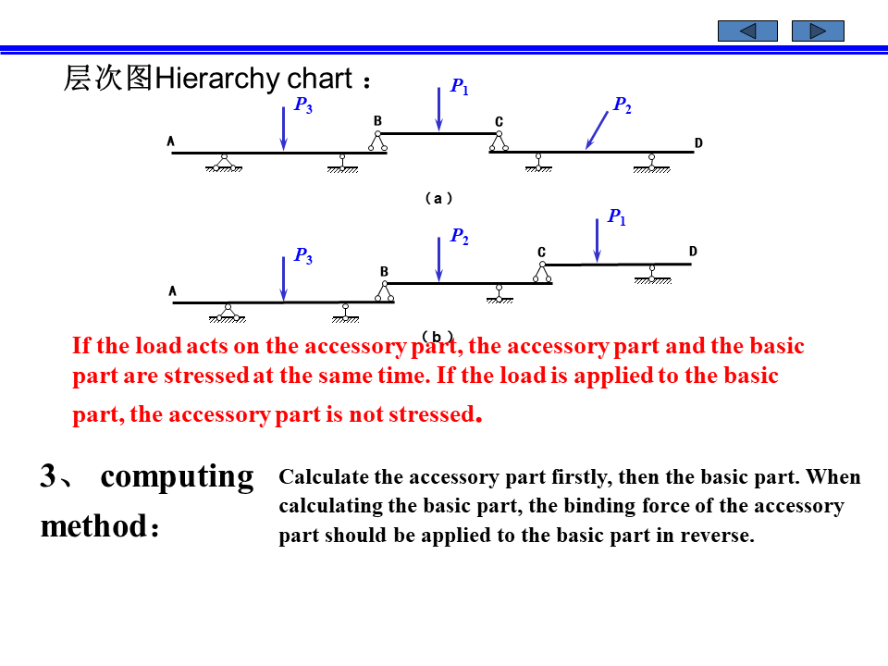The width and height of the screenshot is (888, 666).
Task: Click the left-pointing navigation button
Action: pyautogui.click(x=747, y=31)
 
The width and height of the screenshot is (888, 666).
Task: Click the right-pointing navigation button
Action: pyautogui.click(x=818, y=31)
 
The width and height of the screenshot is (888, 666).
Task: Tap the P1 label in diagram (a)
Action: pyautogui.click(x=460, y=87)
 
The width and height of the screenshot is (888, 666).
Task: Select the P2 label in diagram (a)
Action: pyautogui.click(x=623, y=105)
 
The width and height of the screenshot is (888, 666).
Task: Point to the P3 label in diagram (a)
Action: pyautogui.click(x=303, y=105)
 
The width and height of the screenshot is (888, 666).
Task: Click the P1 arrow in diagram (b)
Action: pyautogui.click(x=598, y=240)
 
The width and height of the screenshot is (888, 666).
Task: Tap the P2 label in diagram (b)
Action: pyautogui.click(x=460, y=237)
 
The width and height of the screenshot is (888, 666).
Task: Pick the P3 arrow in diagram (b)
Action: pyautogui.click(x=283, y=278)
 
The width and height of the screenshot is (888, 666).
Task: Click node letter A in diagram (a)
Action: pyautogui.click(x=171, y=142)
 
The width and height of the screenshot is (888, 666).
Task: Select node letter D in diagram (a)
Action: pyautogui.click(x=698, y=142)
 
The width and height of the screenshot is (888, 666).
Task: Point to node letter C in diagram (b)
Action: pyautogui.click(x=542, y=253)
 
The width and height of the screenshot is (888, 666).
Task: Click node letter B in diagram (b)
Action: pyautogui.click(x=385, y=271)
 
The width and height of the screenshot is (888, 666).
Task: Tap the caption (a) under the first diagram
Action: pyautogui.click(x=438, y=198)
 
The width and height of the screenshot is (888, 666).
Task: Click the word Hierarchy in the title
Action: pyautogui.click(x=207, y=79)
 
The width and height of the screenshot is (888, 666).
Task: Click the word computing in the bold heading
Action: pyautogui.click(x=177, y=476)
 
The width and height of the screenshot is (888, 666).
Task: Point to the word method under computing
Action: pyautogui.click(x=93, y=526)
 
